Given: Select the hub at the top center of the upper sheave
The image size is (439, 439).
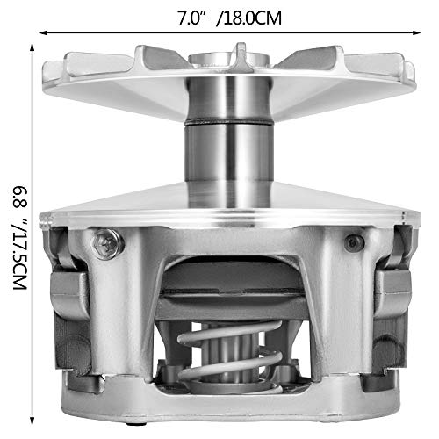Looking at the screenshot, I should [x=213, y=63].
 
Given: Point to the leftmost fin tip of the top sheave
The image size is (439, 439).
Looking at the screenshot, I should [x=46, y=70].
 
